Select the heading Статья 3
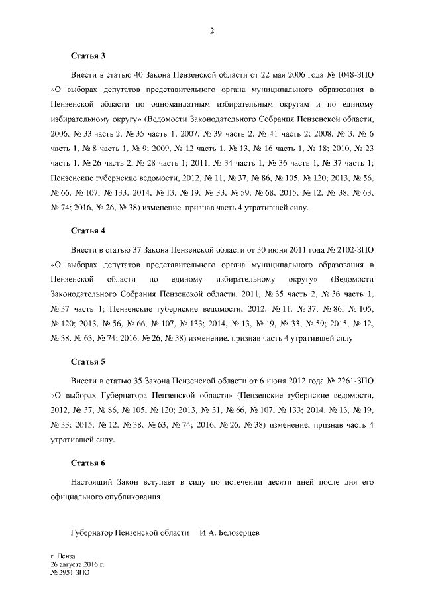click(x=88, y=56)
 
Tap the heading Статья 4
click(x=88, y=231)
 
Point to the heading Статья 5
click(x=88, y=363)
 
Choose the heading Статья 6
click(x=88, y=462)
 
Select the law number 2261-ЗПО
click(x=356, y=381)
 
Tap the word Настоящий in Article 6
click(x=93, y=481)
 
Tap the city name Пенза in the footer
click(x=68, y=555)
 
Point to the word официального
click(x=76, y=497)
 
